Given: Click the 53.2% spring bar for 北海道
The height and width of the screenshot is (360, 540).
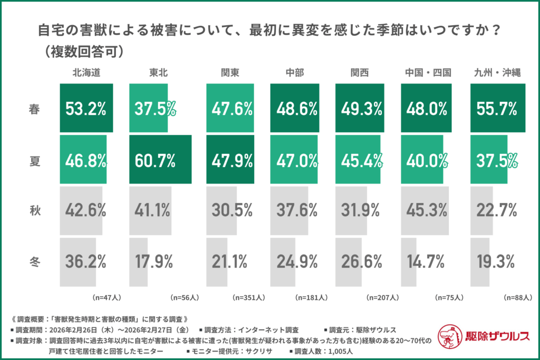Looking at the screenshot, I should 86,109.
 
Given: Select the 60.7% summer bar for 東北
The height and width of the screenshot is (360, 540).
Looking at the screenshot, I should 160,160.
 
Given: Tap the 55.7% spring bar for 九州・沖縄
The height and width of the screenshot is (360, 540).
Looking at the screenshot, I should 498,109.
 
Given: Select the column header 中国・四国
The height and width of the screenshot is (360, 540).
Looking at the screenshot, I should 428,73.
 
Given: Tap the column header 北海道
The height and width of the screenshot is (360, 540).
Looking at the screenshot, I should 86,73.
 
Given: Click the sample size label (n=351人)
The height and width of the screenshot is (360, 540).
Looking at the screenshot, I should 247,297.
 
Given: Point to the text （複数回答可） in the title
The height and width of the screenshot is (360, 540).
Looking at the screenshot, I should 84,51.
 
